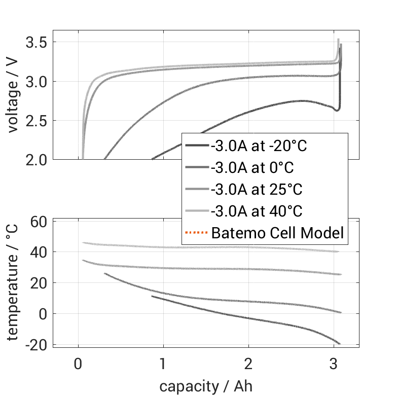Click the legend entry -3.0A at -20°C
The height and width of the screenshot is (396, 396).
(x=259, y=146)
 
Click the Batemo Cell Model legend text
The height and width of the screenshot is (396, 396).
(x=277, y=233)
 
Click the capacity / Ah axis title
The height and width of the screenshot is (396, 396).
(x=205, y=386)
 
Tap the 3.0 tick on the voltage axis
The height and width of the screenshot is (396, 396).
(x=36, y=81)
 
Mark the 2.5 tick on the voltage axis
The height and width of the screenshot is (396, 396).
(x=36, y=121)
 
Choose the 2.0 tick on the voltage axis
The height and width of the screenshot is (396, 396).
(x=36, y=160)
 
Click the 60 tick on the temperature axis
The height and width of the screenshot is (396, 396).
(x=40, y=222)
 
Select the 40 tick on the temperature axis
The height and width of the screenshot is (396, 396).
(x=40, y=252)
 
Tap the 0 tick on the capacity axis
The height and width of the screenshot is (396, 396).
(x=78, y=364)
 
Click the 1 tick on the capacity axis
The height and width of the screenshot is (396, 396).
(x=163, y=364)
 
